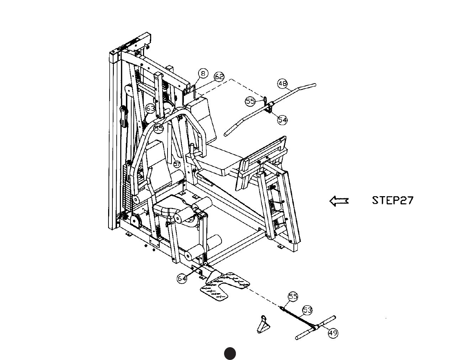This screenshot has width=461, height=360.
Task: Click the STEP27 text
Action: tap(393, 200)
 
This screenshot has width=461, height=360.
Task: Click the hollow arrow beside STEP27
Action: tap(339, 201)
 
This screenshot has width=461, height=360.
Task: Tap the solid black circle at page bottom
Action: tap(230, 354)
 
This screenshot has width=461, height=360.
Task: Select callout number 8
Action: tap(203, 74)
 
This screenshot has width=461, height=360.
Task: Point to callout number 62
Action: tap(219, 76)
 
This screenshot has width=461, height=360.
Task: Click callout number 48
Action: tap(282, 84)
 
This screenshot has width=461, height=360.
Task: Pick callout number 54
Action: tap(282, 120)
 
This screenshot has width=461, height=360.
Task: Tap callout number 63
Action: tap(150, 108)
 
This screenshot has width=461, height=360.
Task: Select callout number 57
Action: tap(177, 164)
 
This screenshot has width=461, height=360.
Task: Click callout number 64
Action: tap(182, 279)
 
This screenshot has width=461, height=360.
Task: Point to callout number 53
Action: tap(307, 310)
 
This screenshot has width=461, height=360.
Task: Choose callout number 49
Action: tap(333, 333)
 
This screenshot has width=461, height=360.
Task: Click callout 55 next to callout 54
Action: tap(250, 101)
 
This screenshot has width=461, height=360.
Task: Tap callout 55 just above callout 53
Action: tap(293, 296)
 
